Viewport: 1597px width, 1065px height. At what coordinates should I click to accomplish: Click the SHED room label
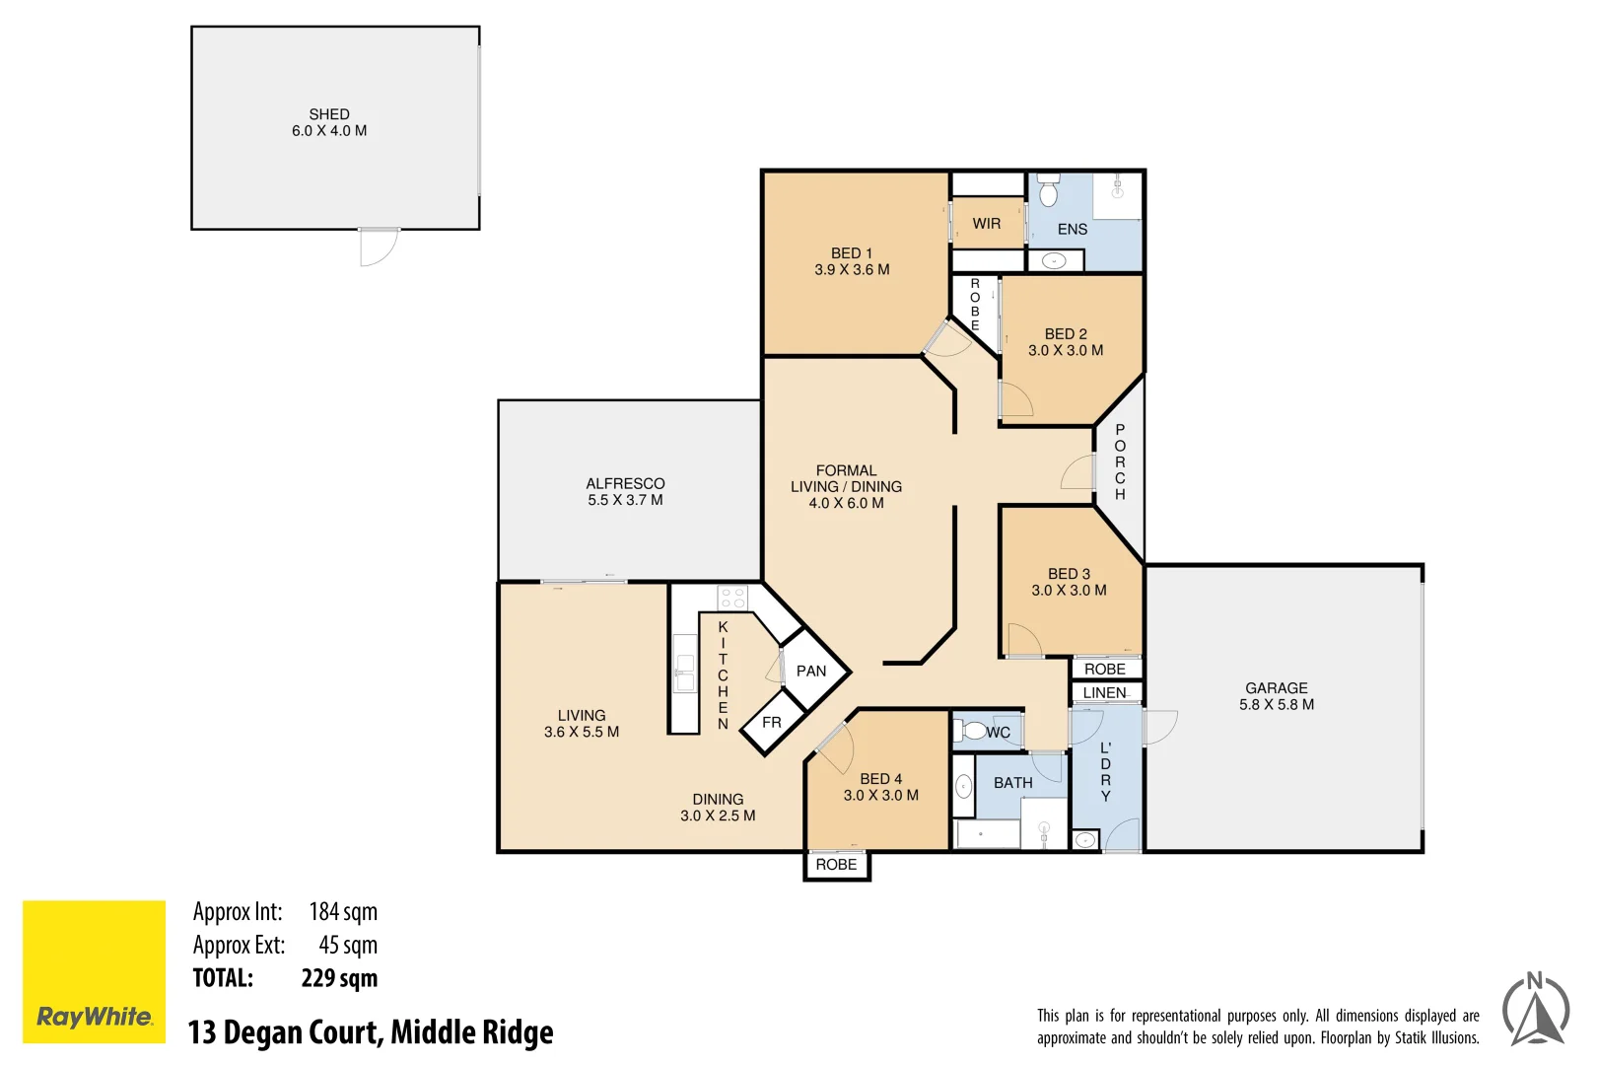(328, 114)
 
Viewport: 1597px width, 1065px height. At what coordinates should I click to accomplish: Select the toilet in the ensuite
(1048, 191)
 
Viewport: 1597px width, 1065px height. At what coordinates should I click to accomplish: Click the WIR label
(986, 224)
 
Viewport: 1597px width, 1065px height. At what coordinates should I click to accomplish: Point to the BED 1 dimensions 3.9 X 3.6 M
(852, 269)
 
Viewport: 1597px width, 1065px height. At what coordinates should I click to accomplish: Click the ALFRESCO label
(625, 483)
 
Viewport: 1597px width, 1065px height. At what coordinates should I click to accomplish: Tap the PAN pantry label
(810, 672)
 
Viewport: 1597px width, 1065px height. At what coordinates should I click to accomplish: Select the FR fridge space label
(771, 723)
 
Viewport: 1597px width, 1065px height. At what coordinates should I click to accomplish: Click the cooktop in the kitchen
(732, 598)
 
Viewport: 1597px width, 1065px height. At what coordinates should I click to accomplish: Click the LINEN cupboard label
(1104, 693)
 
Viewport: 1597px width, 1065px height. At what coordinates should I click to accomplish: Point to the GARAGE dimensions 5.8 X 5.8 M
(1276, 704)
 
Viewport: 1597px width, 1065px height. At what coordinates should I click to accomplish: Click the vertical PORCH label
(1120, 461)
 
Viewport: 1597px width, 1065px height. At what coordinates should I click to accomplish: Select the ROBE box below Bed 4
(836, 865)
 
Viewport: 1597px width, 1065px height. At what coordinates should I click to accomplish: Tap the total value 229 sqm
(339, 978)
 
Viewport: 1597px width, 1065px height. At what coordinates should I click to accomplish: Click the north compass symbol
(1535, 1011)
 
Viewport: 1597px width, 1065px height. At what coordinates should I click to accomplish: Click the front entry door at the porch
(1078, 472)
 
